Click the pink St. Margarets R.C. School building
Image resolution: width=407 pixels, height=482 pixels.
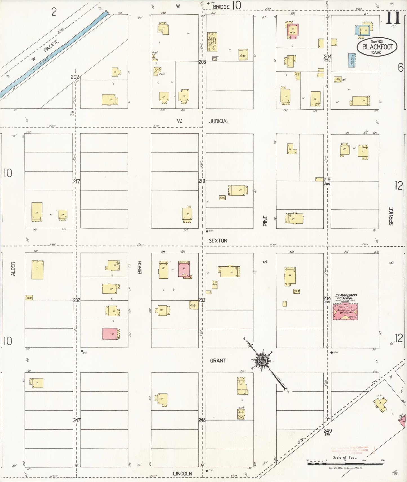pos(345,312)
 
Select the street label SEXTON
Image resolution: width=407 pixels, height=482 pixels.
pos(218,241)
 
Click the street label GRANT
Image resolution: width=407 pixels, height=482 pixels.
pos(218,361)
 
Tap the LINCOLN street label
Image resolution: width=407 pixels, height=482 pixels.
pos(183,474)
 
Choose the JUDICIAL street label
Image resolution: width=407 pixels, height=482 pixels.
pos(219,121)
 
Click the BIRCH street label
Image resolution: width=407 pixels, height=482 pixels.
pos(140,267)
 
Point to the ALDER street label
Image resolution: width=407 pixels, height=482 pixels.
pos(13,269)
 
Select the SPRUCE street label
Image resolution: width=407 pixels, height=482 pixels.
pos(391,216)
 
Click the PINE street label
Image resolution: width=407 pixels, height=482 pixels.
pos(265,221)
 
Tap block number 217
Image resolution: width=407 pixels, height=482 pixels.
pos(77,181)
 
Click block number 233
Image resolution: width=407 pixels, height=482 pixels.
pos(202,300)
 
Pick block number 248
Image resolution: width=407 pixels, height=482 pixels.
pos(202,420)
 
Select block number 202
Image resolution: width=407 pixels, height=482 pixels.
pos(75,77)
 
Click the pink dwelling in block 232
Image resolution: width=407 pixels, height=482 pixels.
pos(110,334)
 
